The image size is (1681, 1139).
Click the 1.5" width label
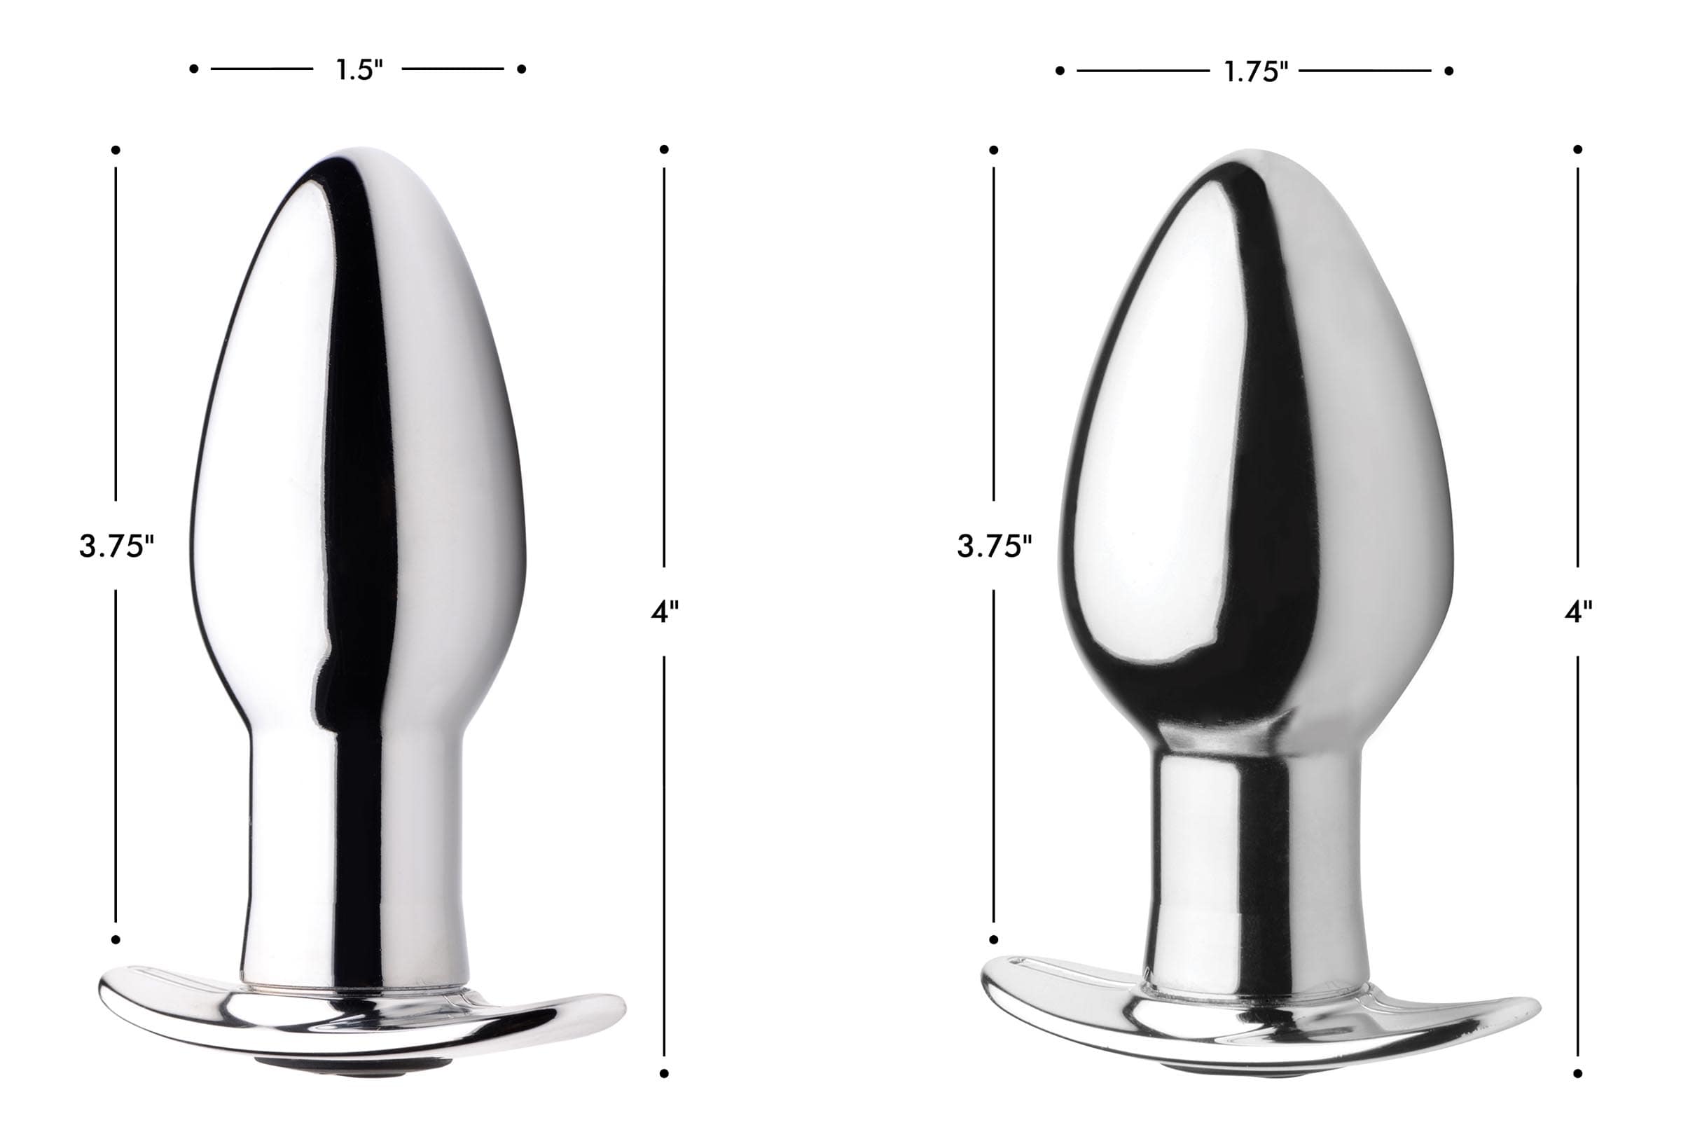tap(359, 69)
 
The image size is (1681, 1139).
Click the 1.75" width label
tap(1256, 71)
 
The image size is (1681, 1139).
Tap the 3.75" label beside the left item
tap(116, 546)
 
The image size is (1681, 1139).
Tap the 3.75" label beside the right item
tap(995, 546)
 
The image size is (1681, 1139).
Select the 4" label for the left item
tap(664, 612)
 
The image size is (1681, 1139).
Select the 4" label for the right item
tap(1577, 612)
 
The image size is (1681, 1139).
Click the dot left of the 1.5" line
tap(193, 69)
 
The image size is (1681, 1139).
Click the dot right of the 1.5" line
tap(522, 69)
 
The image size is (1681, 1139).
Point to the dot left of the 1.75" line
tap(1060, 71)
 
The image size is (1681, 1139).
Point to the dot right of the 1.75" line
tap(1449, 71)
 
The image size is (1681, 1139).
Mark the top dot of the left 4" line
tap(664, 150)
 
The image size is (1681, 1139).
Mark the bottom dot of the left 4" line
tap(664, 1074)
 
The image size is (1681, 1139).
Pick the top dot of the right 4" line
tap(1577, 150)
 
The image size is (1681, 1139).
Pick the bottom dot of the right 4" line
tap(1577, 1074)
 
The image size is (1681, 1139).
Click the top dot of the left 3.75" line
tap(116, 151)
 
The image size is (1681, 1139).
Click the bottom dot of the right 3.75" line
tap(994, 939)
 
